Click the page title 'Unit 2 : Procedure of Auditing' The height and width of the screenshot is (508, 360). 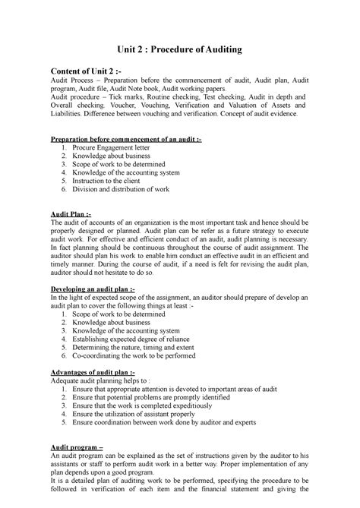(x=180, y=49)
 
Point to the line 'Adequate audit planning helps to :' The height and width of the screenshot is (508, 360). (x=100, y=383)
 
